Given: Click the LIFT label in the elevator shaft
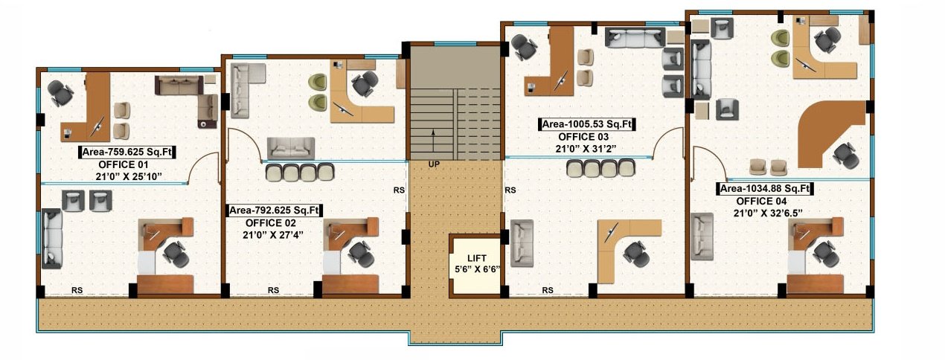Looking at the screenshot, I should pos(476,257).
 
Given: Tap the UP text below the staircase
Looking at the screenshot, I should pos(434,163).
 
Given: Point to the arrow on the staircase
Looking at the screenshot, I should pos(434,138).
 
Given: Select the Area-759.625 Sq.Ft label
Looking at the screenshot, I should pos(126,152).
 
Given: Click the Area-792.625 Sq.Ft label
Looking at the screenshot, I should pos(275,210).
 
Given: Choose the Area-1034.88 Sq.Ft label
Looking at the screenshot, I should pos(766,189).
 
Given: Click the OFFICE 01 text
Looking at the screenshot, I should pos(124,164).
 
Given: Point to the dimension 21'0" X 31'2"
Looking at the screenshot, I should pos(589,149).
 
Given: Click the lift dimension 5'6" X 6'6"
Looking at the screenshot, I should pos(476,269).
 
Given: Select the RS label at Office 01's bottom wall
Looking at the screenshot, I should pos(76,290).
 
